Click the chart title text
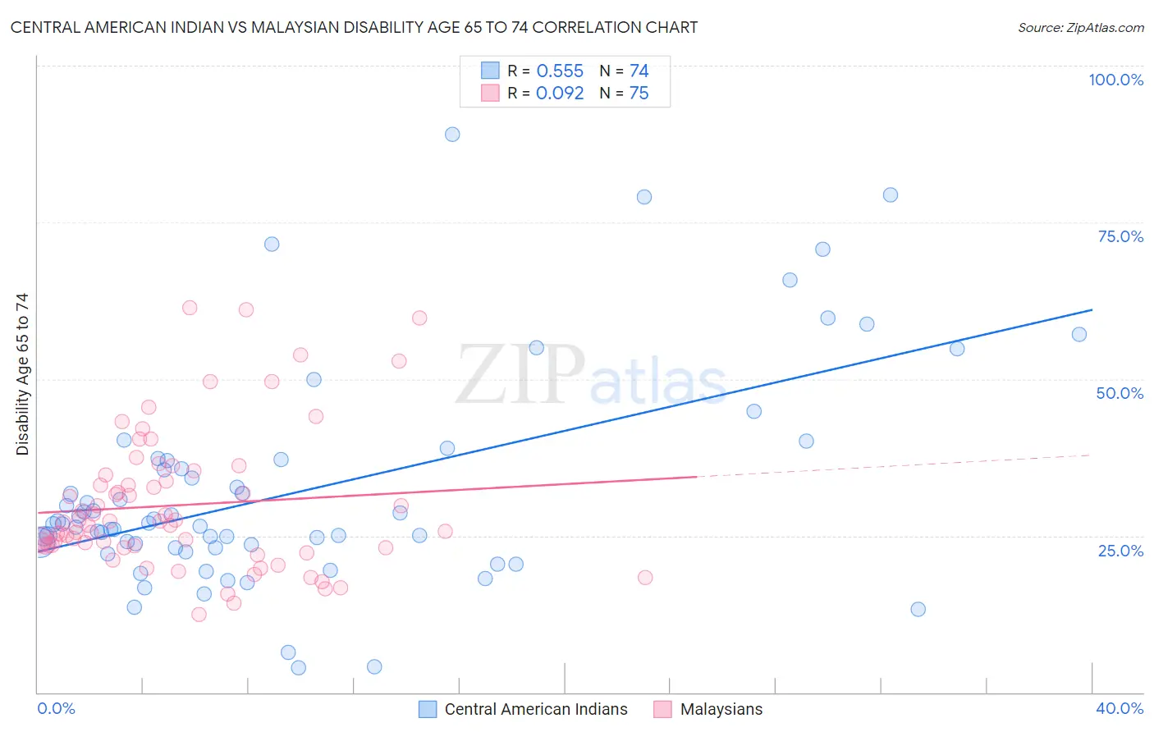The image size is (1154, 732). [x=354, y=27]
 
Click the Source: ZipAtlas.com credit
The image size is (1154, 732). [x=1080, y=27]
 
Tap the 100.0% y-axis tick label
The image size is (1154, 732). [x=1115, y=80]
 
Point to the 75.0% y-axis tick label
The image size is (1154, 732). [x=1120, y=236]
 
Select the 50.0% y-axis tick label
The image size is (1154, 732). [x=1120, y=393]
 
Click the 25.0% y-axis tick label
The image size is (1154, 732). [x=1120, y=550]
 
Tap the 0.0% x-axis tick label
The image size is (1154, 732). [x=56, y=708]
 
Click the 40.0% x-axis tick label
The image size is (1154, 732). [x=1120, y=708]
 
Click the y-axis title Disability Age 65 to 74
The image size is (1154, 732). [x=22, y=374]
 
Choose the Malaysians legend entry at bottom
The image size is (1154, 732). [x=721, y=709]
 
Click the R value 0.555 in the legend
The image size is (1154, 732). [x=560, y=71]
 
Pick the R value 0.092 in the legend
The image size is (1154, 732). [x=560, y=93]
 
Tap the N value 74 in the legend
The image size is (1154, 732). [x=639, y=71]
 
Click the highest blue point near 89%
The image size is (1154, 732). [x=452, y=134]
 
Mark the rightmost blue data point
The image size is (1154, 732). [x=1079, y=334]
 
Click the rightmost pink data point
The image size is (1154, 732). [x=645, y=577]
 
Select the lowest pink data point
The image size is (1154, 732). [x=199, y=615]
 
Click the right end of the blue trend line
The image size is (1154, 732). [x=1092, y=310]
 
